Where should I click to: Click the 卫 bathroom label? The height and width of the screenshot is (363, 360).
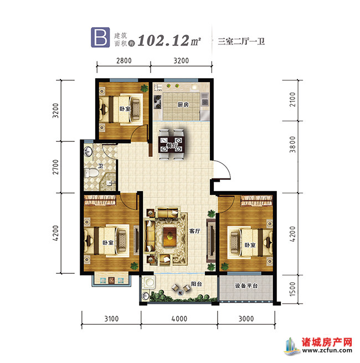click(100, 165)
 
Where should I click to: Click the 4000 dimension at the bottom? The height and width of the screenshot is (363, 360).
click(178, 318)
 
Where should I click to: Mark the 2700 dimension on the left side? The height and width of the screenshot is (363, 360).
click(55, 166)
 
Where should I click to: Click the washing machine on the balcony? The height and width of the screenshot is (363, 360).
click(146, 284)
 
